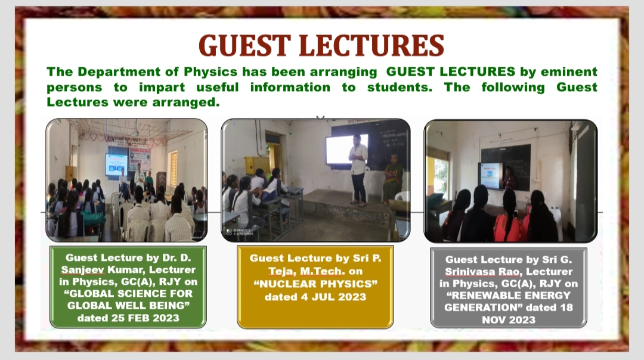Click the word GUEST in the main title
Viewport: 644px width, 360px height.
(245, 45)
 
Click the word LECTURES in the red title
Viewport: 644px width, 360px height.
(371, 45)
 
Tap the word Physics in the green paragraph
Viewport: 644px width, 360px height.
(210, 72)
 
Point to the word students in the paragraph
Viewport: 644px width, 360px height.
(399, 87)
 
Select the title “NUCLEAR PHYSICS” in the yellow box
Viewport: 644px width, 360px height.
(315, 284)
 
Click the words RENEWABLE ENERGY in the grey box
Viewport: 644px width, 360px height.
(509, 296)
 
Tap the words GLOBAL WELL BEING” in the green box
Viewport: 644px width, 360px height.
(128, 306)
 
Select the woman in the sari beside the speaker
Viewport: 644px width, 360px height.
(393, 179)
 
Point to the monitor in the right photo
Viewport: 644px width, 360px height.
(491, 176)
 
